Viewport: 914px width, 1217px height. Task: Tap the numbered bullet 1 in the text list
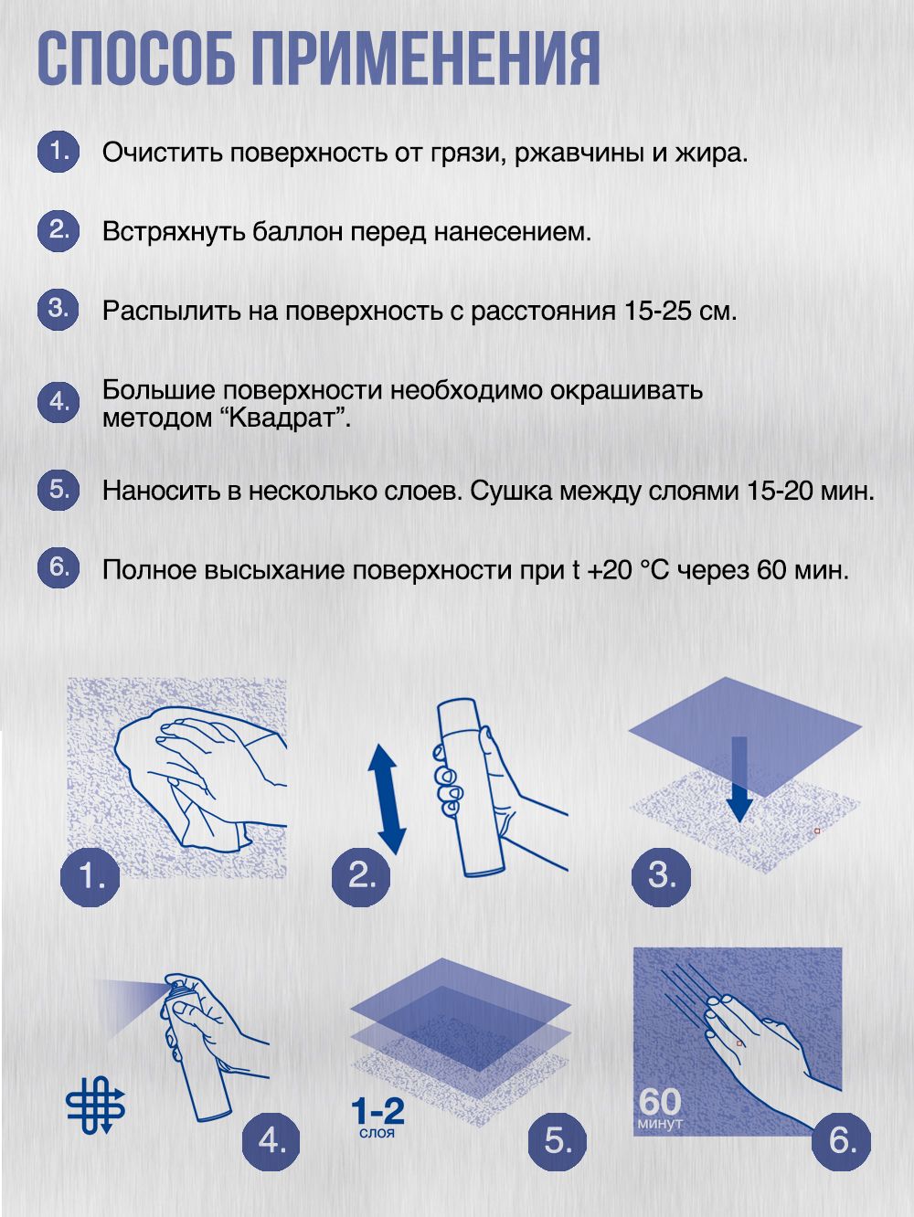(58, 151)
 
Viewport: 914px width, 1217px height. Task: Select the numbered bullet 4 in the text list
(58, 402)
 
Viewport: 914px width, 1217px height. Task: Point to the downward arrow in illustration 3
(739, 780)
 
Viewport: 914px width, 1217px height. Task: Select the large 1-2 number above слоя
(377, 1111)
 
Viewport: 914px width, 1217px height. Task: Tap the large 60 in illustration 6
(660, 1101)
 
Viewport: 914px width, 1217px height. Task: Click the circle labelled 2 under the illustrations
(362, 876)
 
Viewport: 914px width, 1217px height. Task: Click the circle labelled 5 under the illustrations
(557, 1140)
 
